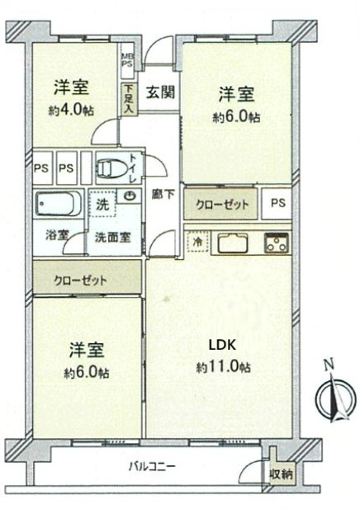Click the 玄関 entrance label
coord(160,92)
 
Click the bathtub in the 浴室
coord(58,203)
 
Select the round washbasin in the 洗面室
coord(130,196)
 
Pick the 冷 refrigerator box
coord(197,242)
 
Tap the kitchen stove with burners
coord(275,243)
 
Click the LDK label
coord(217,346)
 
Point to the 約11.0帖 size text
coord(223,366)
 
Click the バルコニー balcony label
coord(151,467)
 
